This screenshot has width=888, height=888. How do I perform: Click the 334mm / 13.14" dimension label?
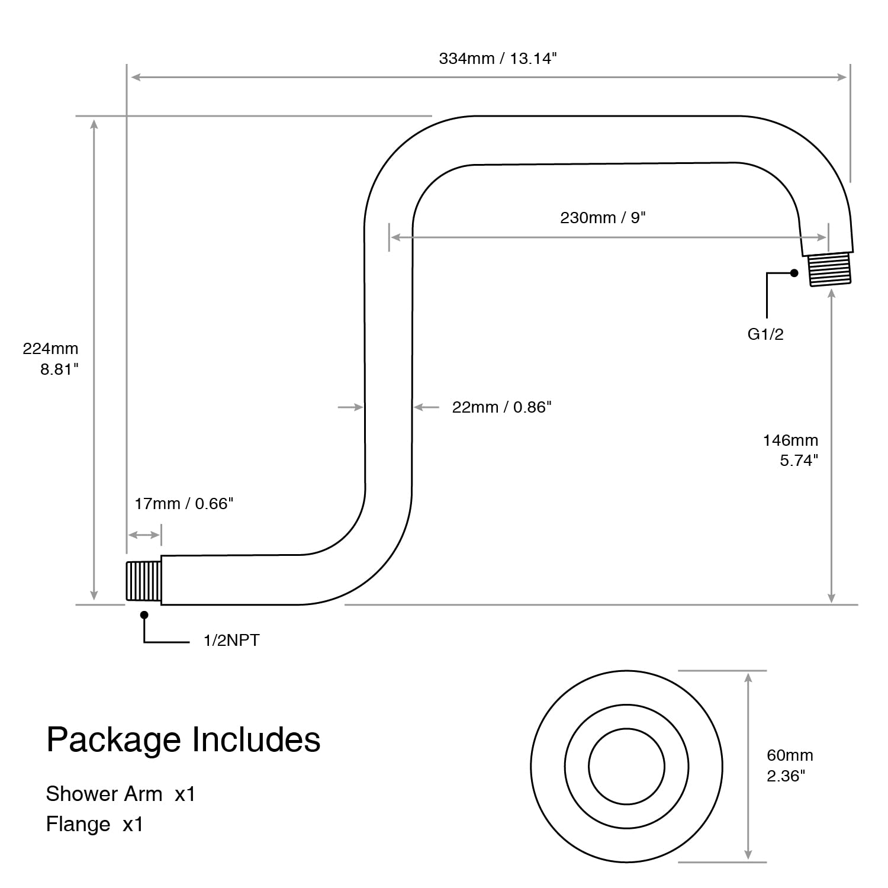coord(498,59)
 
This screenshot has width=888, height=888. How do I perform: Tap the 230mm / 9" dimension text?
coord(603,218)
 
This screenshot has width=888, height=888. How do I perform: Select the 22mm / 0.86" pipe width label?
coord(502,407)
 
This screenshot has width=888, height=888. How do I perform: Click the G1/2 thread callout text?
coord(765,334)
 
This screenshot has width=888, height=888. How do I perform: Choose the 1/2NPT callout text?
coord(231,641)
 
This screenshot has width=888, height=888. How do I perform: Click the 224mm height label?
coord(50,349)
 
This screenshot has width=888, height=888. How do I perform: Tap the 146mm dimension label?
coord(790,440)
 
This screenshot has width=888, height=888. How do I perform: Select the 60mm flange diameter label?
coord(790,755)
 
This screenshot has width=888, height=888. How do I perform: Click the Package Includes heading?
coord(184,740)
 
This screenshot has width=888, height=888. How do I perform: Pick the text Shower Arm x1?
coord(121,794)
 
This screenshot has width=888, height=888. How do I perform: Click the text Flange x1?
coord(95,824)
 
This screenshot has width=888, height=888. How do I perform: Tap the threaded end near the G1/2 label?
coord(830,270)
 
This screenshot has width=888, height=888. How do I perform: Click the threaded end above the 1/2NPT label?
coord(144,581)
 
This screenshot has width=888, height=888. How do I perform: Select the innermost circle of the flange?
coord(627,729)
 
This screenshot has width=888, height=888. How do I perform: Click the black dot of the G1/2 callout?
coord(794,273)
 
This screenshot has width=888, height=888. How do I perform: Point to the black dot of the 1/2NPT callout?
coord(144,615)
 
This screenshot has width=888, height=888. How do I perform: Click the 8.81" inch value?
coord(59,369)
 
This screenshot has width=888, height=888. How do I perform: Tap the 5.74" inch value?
coord(799,461)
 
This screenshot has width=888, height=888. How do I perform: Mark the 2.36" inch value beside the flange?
coord(786,776)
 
